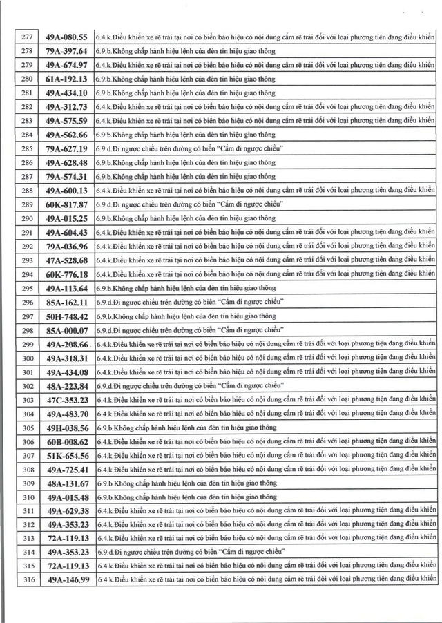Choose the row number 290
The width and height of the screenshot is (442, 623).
[x=28, y=218]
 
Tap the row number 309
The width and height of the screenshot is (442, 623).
[x=28, y=483]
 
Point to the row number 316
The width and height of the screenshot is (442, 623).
[x=28, y=580]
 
